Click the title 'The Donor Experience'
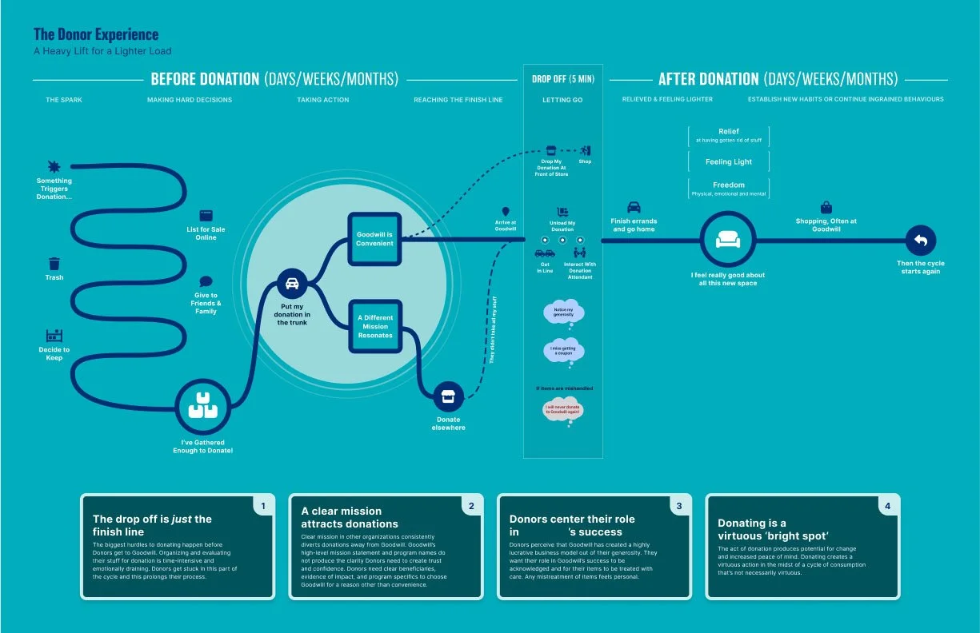[x=96, y=34]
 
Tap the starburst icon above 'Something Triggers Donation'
[x=54, y=166]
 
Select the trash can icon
[x=54, y=263]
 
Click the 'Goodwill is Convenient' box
[x=374, y=238]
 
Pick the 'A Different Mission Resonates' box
[x=374, y=326]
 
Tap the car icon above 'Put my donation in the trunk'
[x=292, y=284]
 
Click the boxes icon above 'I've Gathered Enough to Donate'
[x=202, y=408]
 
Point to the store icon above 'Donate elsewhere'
[x=448, y=396]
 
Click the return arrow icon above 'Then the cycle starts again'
[x=919, y=241]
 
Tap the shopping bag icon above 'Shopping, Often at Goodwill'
[x=826, y=208]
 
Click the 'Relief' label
[x=728, y=131]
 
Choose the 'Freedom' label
[x=728, y=185]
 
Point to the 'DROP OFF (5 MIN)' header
[x=563, y=79]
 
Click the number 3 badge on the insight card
[x=679, y=505]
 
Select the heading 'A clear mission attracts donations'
[x=350, y=517]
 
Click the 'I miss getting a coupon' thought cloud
[x=563, y=350]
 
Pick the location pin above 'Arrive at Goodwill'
[x=505, y=211]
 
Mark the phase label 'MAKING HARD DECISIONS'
[x=190, y=100]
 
